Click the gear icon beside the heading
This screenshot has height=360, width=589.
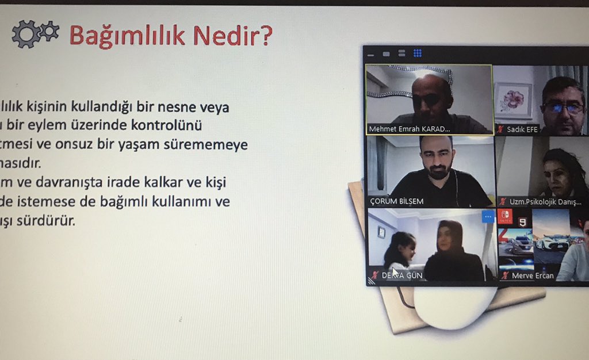coord(35,34)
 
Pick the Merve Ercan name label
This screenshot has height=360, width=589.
coord(533,275)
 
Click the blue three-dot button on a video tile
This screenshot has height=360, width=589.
coord(488,217)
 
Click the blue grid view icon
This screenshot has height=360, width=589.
coord(418,53)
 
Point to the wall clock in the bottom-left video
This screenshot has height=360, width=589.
coord(381,232)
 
